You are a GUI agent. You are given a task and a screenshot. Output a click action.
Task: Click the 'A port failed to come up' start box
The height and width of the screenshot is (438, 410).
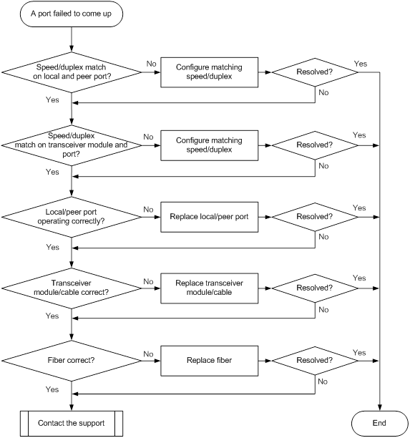pos(72,14)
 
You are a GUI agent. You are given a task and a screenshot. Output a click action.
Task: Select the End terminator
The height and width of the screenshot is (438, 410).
pos(379,423)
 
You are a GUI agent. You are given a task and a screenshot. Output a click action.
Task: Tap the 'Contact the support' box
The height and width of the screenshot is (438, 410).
pos(72,423)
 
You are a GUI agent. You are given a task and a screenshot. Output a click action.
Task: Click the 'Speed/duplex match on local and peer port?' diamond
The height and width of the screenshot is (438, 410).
pos(72,72)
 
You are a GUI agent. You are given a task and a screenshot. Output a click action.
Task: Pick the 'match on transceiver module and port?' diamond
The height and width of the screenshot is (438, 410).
pos(72,145)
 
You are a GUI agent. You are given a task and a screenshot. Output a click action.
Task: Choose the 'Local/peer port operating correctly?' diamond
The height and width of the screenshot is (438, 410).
pos(72,217)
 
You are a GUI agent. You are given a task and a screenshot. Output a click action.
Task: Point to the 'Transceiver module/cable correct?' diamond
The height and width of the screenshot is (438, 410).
pos(72,288)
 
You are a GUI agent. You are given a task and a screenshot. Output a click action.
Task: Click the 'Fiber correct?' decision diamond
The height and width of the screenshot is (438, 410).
pos(72,361)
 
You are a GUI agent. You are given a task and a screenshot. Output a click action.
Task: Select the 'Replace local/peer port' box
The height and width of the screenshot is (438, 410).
pos(209,217)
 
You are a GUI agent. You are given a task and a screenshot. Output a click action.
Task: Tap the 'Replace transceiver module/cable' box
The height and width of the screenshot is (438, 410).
pos(209,288)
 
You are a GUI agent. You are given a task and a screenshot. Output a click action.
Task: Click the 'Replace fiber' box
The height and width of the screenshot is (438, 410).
pos(209,361)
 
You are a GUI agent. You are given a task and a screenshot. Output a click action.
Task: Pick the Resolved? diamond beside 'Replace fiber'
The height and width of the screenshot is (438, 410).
pos(315,361)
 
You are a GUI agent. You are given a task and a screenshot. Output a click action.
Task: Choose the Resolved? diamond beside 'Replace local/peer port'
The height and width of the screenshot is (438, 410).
pos(315,217)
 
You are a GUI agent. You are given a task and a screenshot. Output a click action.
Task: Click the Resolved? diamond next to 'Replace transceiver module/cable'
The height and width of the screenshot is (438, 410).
pos(315,288)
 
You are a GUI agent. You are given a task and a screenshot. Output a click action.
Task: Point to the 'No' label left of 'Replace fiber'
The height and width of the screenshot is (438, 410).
pos(148,354)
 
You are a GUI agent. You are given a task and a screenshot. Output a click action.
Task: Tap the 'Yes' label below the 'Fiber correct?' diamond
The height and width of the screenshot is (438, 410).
pos(52,389)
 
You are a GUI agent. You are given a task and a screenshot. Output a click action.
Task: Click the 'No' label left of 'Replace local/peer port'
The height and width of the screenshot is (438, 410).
pos(148,210)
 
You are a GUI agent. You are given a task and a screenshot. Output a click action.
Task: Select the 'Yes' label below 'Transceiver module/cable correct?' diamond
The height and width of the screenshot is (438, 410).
pos(52,316)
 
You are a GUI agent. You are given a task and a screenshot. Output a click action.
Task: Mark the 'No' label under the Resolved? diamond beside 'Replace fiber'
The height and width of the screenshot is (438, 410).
pos(323,381)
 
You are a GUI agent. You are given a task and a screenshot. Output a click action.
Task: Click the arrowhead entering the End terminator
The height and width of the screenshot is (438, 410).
pos(379,408)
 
